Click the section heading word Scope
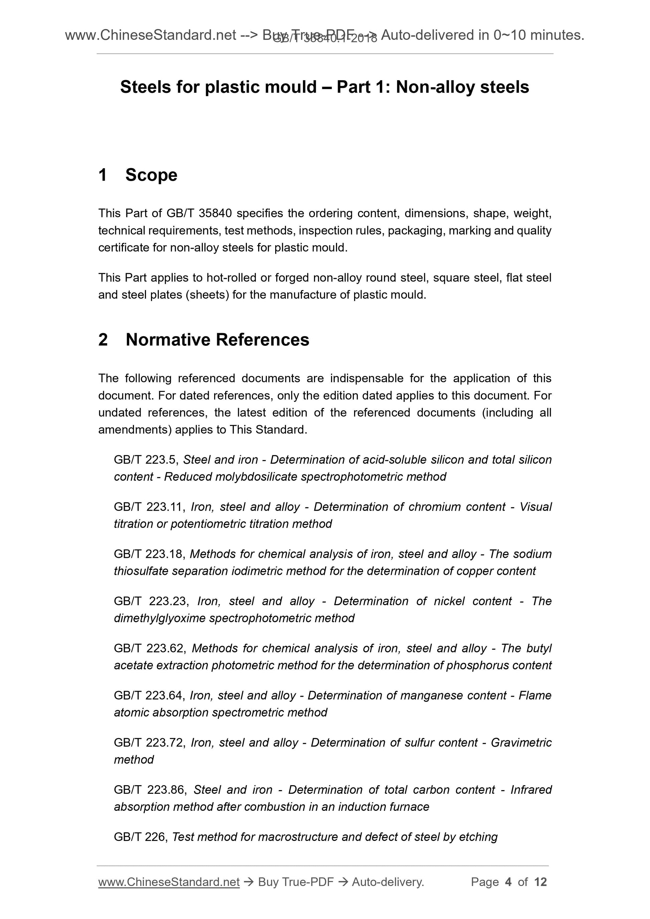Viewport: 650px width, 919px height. tap(151, 175)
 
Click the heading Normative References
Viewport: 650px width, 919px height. tap(217, 339)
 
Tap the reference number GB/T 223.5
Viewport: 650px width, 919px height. tap(146, 459)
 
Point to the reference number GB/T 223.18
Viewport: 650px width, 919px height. tap(149, 554)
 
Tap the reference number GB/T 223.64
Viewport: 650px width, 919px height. tap(149, 696)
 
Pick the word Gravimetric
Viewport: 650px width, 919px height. tap(521, 743)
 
